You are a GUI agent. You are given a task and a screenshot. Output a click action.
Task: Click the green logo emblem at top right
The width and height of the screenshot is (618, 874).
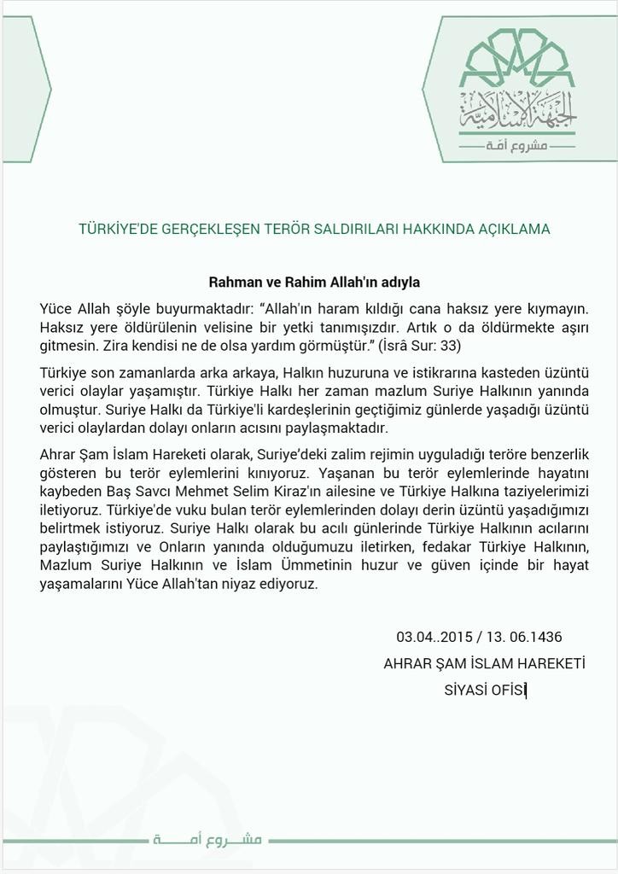[517, 85]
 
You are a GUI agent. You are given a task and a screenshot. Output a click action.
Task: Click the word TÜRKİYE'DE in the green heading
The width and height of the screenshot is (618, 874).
[113, 230]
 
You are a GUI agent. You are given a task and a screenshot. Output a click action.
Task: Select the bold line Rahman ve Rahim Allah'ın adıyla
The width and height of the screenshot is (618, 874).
[313, 281]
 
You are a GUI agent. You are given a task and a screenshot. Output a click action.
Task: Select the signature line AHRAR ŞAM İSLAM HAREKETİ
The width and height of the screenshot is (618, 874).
[484, 664]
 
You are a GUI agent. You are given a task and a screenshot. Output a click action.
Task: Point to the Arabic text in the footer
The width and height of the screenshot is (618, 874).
[209, 840]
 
